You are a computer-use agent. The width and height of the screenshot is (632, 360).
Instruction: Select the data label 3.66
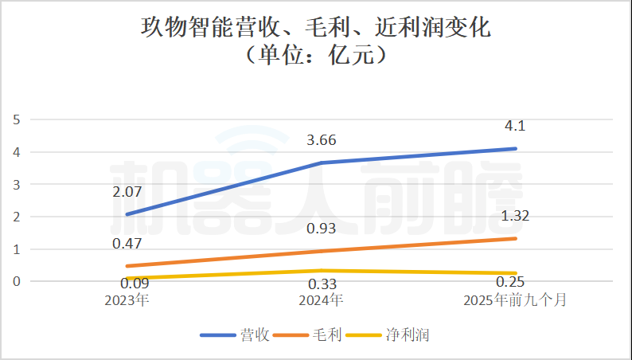pos(322,141)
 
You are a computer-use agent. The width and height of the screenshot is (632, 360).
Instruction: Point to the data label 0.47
pos(126,244)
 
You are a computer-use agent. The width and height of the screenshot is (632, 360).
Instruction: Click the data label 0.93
pos(322,229)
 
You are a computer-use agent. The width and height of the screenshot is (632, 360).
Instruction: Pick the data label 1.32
pos(517,216)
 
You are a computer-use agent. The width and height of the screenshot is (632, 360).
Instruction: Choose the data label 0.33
pos(322,284)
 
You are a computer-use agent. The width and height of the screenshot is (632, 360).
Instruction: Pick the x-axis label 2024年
pos(322,301)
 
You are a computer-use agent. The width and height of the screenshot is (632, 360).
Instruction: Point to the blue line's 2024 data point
pos(322,162)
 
